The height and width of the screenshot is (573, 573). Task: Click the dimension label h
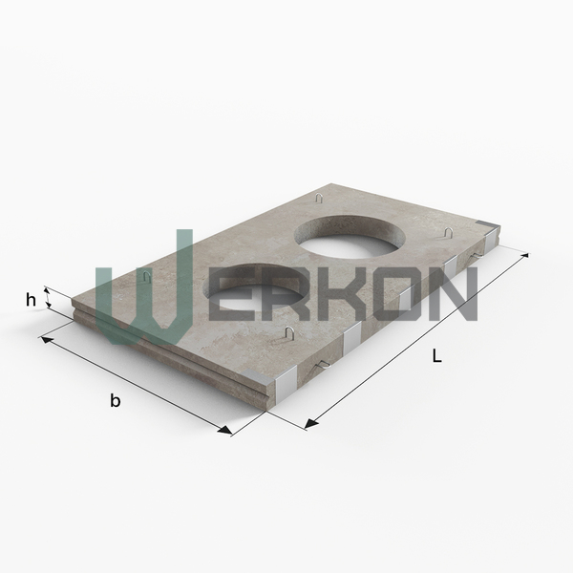(x=32, y=300)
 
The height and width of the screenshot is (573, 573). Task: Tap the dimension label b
(x=116, y=400)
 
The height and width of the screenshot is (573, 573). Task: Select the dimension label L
(x=436, y=355)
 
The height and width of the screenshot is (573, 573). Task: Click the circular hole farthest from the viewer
(x=350, y=237)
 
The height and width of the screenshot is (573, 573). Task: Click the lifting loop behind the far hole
(x=319, y=198)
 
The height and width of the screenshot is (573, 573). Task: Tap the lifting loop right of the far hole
(x=449, y=232)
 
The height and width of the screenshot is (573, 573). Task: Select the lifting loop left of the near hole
(x=147, y=277)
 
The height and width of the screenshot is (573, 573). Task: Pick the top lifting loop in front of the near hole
(x=289, y=332)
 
